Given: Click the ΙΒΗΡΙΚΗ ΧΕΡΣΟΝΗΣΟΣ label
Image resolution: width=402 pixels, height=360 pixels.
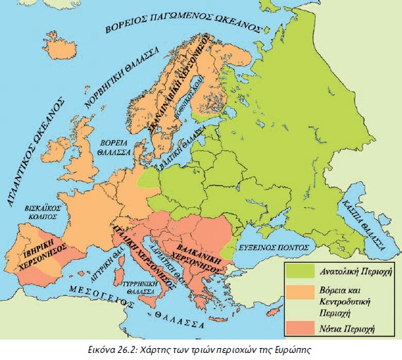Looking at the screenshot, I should tap(44, 257).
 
